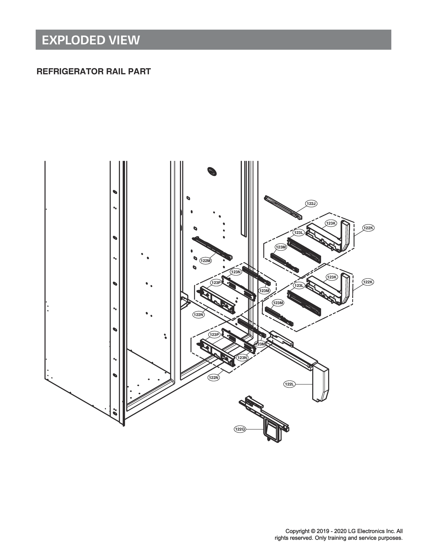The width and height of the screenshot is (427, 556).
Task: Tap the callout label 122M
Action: (x=206, y=261)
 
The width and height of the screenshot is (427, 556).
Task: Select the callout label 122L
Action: (x=289, y=384)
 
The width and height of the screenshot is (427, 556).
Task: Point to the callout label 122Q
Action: (x=240, y=429)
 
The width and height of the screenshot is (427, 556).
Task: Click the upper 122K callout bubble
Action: (x=368, y=228)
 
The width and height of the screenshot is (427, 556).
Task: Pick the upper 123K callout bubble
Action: (x=331, y=223)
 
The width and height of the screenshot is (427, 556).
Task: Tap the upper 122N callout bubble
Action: (x=199, y=315)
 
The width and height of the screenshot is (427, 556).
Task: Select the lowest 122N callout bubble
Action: (x=214, y=378)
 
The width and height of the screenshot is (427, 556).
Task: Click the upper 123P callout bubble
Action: (x=216, y=283)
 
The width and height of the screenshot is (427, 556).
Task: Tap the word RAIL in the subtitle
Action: (x=110, y=71)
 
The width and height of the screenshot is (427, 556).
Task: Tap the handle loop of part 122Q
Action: (x=273, y=430)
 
